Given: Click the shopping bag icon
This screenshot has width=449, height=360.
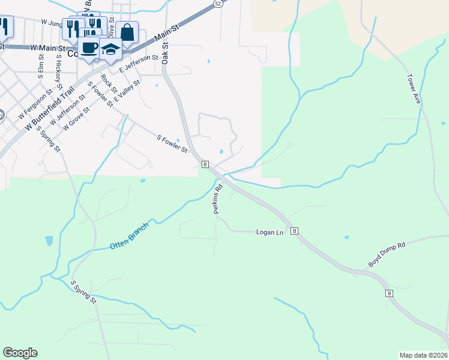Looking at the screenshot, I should (127, 32).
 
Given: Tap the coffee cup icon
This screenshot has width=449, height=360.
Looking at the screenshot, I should (89, 47).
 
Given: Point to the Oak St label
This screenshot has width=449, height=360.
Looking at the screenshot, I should (165, 53).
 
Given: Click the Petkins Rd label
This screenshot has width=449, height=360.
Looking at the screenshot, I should (217, 199).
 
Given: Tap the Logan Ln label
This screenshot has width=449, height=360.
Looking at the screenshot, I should (270, 232).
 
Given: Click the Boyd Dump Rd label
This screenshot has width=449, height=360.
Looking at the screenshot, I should (387, 254).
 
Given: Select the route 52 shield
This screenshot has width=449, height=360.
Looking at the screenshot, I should (217, 4).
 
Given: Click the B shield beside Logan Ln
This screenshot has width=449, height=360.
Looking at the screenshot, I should (294, 231).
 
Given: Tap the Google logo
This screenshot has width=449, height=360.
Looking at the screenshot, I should (20, 353).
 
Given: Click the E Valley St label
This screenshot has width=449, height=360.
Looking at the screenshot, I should (127, 90).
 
